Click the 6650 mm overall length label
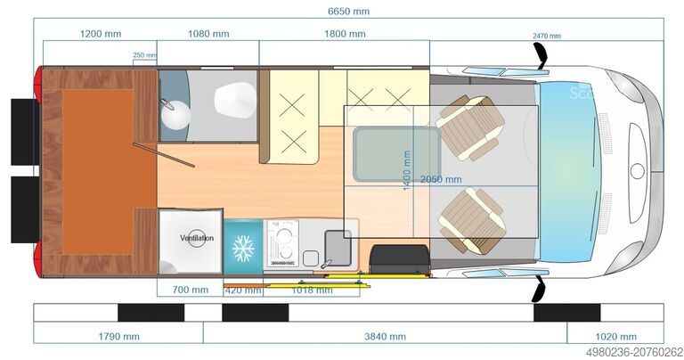click(x=348, y=12)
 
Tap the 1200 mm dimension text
click(x=101, y=34)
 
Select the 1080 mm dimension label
click(x=208, y=34)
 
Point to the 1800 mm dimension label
click(x=345, y=34)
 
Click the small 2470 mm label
click(x=547, y=36)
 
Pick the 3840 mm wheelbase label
click(x=385, y=337)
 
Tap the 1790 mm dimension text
click(x=119, y=337)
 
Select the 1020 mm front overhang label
click(x=616, y=337)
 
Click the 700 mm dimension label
click(x=191, y=290)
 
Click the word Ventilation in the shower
click(x=197, y=238)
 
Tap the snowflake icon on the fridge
click(x=243, y=249)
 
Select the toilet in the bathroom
click(x=235, y=101)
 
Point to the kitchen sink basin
click(x=338, y=248)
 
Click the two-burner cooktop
click(x=282, y=243)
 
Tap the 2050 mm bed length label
click(x=441, y=179)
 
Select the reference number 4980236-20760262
click(x=634, y=352)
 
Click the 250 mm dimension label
click(x=145, y=55)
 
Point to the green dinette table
click(x=396, y=154)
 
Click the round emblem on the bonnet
click(x=638, y=171)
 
